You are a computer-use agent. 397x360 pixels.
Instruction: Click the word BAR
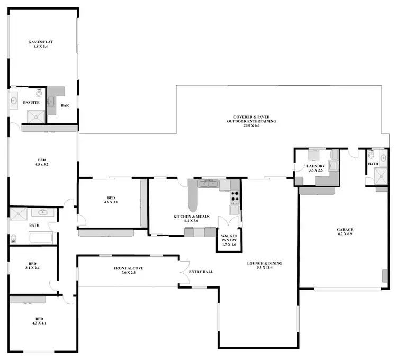pyautogui.click(x=65, y=105)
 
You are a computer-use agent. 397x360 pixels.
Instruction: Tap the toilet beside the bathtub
pyautogui.click(x=13, y=239)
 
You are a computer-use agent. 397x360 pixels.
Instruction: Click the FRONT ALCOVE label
pyautogui.click(x=129, y=271)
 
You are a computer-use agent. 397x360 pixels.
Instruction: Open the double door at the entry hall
pyautogui.click(x=183, y=271)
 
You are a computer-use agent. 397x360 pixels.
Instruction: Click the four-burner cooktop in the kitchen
pyautogui.click(x=234, y=197)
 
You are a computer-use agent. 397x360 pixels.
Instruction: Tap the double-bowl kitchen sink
pyautogui.click(x=208, y=184)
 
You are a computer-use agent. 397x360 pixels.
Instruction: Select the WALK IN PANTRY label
pyautogui.click(x=229, y=240)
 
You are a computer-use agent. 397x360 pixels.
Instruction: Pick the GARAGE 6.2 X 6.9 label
pyautogui.click(x=345, y=231)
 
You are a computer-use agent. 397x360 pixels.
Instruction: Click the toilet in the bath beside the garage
pyautogui.click(x=372, y=156)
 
